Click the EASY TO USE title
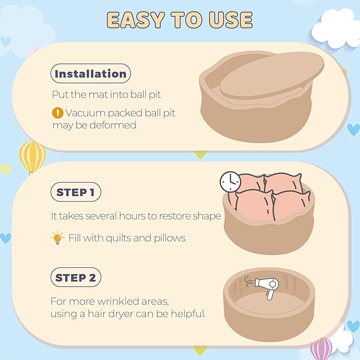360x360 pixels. [x=180, y=20]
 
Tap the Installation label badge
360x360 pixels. [x=91, y=74]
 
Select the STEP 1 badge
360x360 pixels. [x=76, y=192]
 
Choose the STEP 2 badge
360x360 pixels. [x=76, y=277]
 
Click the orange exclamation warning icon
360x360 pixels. [x=58, y=113]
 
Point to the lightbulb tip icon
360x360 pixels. [x=57, y=238]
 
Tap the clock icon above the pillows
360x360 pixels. [x=230, y=182]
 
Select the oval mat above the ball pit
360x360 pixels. [x=271, y=76]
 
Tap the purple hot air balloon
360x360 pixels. [x=321, y=348]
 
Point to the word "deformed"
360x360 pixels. [x=113, y=125]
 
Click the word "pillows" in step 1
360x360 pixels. [x=170, y=238]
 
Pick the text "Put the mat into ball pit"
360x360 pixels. [x=106, y=94]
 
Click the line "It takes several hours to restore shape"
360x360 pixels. [x=136, y=216]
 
